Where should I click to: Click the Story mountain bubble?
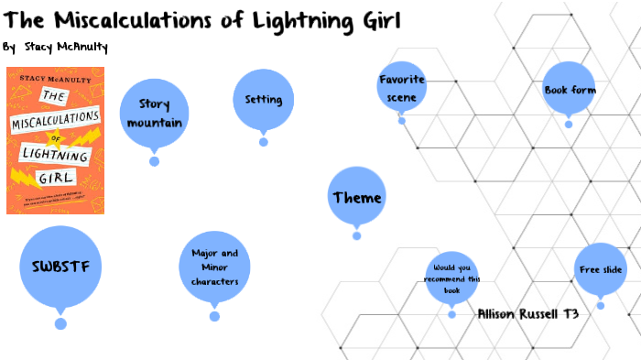point(155,114)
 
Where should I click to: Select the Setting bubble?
point(263,99)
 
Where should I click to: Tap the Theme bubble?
point(357,197)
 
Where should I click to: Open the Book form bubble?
point(570,90)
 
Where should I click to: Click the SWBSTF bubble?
point(60,267)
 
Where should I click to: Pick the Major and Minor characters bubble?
point(214,267)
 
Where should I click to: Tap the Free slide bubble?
point(601,269)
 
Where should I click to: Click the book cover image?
point(56,141)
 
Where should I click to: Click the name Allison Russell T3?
point(528,313)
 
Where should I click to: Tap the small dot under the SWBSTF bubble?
point(60,323)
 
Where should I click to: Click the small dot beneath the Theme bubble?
point(357,235)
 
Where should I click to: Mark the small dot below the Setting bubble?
point(264,141)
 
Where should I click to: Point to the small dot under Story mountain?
point(155,161)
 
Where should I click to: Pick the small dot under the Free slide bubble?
point(601,305)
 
